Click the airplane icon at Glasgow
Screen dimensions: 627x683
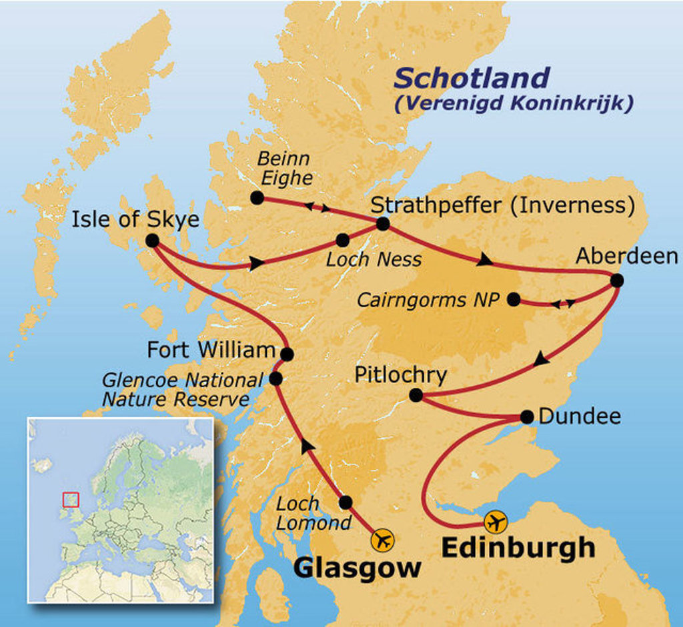pyautogui.click(x=383, y=540)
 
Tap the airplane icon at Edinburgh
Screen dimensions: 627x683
pyautogui.click(x=496, y=522)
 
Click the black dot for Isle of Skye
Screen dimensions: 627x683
pyautogui.click(x=152, y=241)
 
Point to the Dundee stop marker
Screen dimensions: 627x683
pyautogui.click(x=527, y=417)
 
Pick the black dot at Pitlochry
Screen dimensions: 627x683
pyautogui.click(x=416, y=396)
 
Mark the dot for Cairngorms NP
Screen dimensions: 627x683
pyautogui.click(x=514, y=300)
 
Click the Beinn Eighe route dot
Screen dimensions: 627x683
pyautogui.click(x=257, y=198)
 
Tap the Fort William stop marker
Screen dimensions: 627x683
pyautogui.click(x=287, y=354)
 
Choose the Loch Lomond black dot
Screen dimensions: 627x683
pyautogui.click(x=346, y=502)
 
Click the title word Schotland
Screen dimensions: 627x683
pyautogui.click(x=472, y=79)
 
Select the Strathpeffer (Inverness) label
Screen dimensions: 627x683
pyautogui.click(x=503, y=205)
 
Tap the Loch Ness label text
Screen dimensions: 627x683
pyautogui.click(x=374, y=260)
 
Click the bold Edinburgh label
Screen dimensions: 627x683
pyautogui.click(x=518, y=548)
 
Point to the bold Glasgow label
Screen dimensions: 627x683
pyautogui.click(x=358, y=568)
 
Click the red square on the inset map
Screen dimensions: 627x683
pyautogui.click(x=70, y=499)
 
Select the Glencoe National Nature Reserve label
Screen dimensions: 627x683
pyautogui.click(x=181, y=390)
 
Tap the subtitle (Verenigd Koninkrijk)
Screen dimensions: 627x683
pyautogui.click(x=513, y=104)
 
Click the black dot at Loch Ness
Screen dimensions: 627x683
pyautogui.click(x=343, y=240)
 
